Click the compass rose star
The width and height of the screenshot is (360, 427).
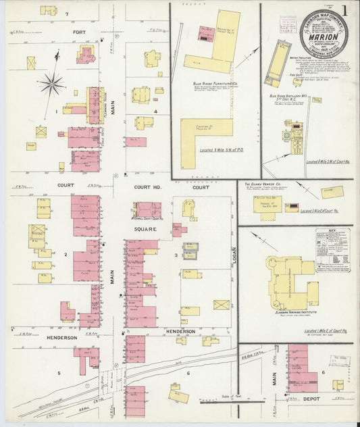pyautogui.click(x=51, y=84)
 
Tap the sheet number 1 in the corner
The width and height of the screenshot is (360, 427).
pyautogui.click(x=344, y=10)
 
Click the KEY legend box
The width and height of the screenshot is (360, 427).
pyautogui.click(x=332, y=250)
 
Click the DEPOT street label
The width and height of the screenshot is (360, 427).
pyautogui.click(x=312, y=399)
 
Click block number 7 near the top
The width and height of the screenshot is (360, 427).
pyautogui.click(x=67, y=14)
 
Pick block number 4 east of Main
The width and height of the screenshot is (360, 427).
pyautogui.click(x=155, y=111)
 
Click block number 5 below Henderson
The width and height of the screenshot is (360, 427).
pyautogui.click(x=59, y=373)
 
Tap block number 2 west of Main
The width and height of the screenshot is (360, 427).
pyautogui.click(x=66, y=255)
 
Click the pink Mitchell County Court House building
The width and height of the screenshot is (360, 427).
pyautogui.click(x=148, y=210)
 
